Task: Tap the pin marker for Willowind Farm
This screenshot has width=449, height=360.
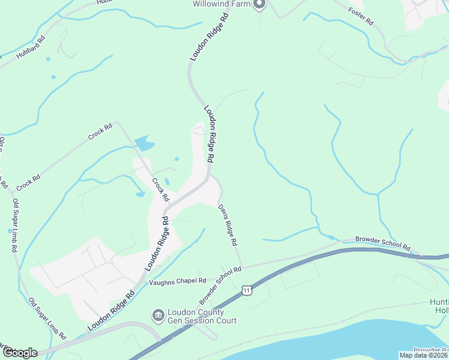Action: [x=259, y=5]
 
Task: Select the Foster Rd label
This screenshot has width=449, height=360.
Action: [x=361, y=16]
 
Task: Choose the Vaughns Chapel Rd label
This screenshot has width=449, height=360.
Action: [x=178, y=280]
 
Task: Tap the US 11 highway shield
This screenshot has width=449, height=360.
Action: [x=247, y=290]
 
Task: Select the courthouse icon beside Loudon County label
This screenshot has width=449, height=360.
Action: [x=158, y=315]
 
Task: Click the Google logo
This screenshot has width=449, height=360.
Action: [x=20, y=352]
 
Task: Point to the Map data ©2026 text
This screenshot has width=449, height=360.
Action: [x=424, y=355]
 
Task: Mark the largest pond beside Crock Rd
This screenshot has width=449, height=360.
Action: [x=144, y=143]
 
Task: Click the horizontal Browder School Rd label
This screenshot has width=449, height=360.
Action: [x=382, y=244]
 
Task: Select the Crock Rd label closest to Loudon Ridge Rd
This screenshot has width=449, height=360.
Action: [x=160, y=190]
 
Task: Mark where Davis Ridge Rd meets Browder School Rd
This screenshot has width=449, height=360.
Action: [x=242, y=266]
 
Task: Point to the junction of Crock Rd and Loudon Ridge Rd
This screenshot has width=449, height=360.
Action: [x=171, y=204]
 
